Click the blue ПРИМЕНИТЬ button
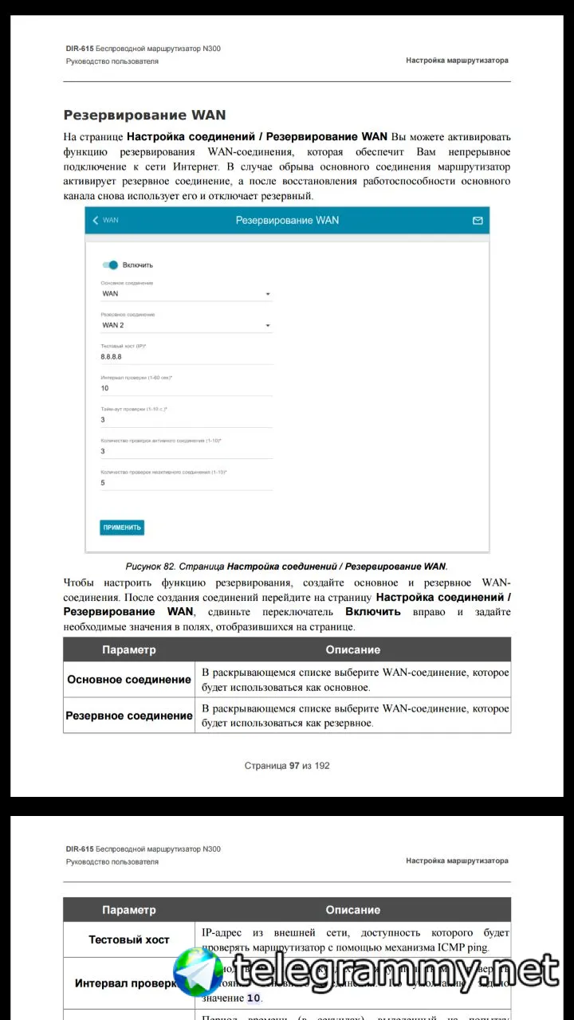[122, 528]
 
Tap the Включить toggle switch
[110, 265]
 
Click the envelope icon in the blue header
[478, 220]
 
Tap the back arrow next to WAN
[96, 220]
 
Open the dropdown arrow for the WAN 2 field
[268, 325]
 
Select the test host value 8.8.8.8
[111, 356]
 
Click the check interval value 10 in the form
[104, 388]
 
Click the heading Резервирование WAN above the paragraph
[144, 116]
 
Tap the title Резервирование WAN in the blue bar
[287, 220]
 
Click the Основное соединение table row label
[129, 680]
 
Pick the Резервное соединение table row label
[129, 716]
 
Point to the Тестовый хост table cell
[129, 940]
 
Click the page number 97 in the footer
[294, 766]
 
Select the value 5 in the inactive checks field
[103, 482]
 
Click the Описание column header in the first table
[352, 649]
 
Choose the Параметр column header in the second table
[129, 910]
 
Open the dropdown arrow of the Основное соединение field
[268, 294]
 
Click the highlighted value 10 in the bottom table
[254, 998]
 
